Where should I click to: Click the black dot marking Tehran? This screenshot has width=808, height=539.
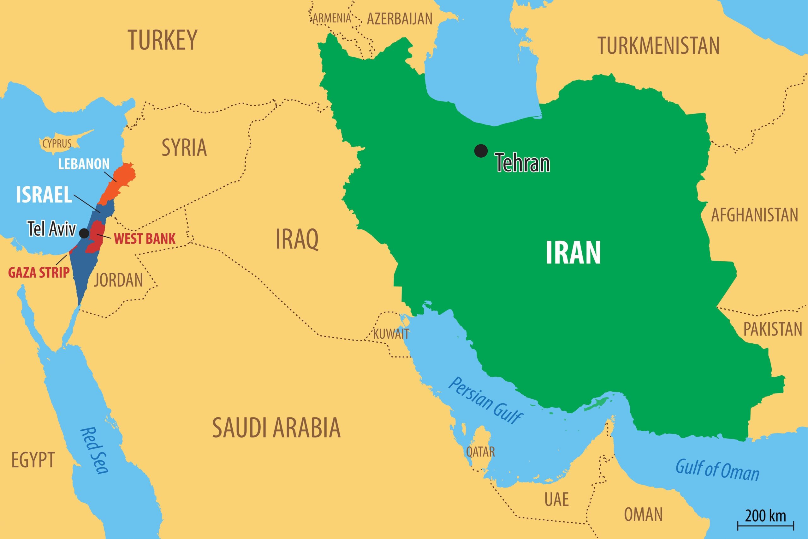481,151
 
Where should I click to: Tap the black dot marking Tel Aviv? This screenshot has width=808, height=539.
84,233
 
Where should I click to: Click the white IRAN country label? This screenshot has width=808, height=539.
573,253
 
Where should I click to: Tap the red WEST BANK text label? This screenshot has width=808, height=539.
145,239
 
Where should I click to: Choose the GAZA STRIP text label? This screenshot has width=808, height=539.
39,273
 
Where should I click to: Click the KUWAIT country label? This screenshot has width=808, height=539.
391,334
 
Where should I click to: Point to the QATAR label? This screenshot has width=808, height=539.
480,451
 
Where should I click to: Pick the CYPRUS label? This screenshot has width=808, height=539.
57,143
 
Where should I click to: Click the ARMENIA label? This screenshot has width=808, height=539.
332,18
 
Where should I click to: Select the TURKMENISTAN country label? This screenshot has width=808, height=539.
659,46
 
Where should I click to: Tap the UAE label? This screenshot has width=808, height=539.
557,500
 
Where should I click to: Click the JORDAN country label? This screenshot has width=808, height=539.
118,280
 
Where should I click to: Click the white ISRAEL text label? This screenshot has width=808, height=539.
44,195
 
